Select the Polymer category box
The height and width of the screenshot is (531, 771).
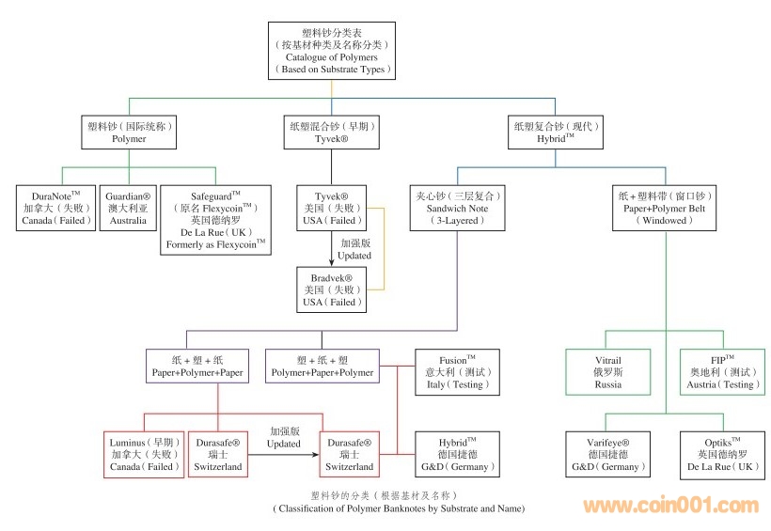(x=130, y=132)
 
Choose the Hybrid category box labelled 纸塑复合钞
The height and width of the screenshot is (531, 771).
(x=556, y=132)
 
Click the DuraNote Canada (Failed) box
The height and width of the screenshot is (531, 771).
(x=56, y=208)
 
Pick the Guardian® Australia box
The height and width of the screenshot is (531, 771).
(x=127, y=208)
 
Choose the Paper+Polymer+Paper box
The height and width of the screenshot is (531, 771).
(x=197, y=366)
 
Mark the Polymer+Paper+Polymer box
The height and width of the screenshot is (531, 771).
(x=323, y=366)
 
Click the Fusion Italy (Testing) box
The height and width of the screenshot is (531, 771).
(x=458, y=372)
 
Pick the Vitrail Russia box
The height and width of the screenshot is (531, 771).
(x=608, y=372)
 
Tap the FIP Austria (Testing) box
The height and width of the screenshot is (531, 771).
(x=720, y=372)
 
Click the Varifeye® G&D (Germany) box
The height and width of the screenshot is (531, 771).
(x=608, y=454)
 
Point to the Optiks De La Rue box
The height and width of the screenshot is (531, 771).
(x=720, y=454)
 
